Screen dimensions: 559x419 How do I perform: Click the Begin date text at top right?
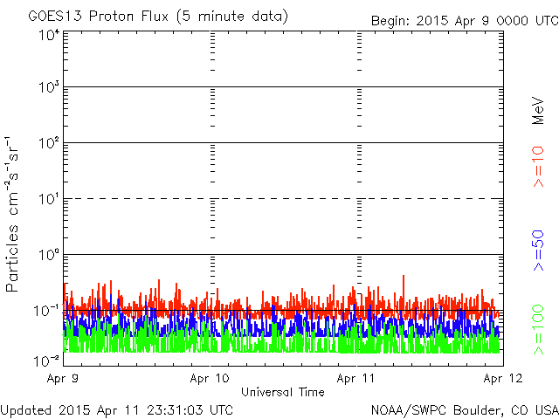click(465, 21)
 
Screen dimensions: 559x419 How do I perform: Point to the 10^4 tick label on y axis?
click(50, 36)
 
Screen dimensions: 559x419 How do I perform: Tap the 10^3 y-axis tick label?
click(50, 87)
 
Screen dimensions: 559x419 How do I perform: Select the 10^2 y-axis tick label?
click(50, 143)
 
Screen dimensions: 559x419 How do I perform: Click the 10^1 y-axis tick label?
click(50, 199)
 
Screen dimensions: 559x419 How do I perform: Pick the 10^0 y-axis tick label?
click(50, 255)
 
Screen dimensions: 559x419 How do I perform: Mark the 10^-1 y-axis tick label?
click(46, 311)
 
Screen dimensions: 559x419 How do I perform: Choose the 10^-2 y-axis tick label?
click(46, 361)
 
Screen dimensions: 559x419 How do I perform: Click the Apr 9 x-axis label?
click(63, 378)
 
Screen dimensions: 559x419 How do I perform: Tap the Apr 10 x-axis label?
click(210, 378)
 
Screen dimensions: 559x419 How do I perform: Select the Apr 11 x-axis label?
click(356, 378)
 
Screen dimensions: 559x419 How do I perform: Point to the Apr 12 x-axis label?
click(503, 378)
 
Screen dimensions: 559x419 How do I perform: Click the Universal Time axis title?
click(283, 392)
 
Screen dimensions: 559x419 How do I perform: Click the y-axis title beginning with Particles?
click(11, 214)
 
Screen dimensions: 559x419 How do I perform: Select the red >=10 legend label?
click(538, 167)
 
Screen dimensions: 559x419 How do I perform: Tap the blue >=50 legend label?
click(538, 251)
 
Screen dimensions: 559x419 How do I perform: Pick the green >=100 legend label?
click(538, 330)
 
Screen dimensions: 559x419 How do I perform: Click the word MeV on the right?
click(538, 111)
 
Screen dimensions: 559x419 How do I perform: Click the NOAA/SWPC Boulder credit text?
click(465, 410)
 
